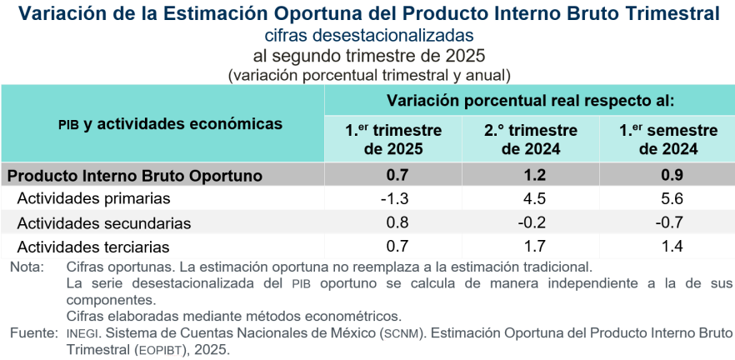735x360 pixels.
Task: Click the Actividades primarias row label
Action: [x=93, y=199]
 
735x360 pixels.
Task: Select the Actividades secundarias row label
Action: [x=103, y=223]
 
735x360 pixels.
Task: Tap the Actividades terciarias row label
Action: [x=93, y=247]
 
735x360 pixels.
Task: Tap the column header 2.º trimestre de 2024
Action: [x=531, y=140]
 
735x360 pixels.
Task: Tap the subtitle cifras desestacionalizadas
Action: [x=367, y=36]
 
